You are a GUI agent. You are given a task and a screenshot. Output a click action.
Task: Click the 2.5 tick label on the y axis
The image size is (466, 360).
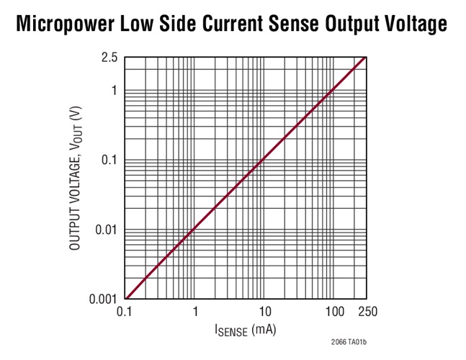[x=109, y=58]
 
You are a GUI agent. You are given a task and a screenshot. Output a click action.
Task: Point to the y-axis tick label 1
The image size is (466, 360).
[x=114, y=91]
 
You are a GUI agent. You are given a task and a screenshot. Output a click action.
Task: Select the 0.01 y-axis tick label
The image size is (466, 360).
[x=105, y=230]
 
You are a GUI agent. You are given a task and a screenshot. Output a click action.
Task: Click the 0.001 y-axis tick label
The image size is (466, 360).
[x=103, y=300]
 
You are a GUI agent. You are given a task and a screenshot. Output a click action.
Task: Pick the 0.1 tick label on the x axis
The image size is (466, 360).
[x=125, y=312]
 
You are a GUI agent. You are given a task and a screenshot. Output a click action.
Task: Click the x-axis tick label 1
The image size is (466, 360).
[x=195, y=312]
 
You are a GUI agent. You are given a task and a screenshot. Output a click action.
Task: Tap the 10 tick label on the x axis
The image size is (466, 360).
[x=265, y=312]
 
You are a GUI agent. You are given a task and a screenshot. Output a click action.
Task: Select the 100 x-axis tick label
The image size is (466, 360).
[x=334, y=312]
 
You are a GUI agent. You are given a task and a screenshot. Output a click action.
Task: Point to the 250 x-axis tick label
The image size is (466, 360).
[x=367, y=312]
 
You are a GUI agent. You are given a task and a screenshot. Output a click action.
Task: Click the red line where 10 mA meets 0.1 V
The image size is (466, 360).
[x=264, y=160]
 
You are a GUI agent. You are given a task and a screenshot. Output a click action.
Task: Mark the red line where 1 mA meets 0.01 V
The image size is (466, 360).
[x=195, y=230]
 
